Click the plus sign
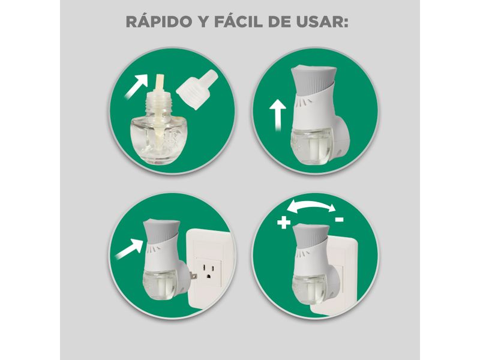[x=284, y=223]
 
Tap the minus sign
[x=340, y=220]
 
